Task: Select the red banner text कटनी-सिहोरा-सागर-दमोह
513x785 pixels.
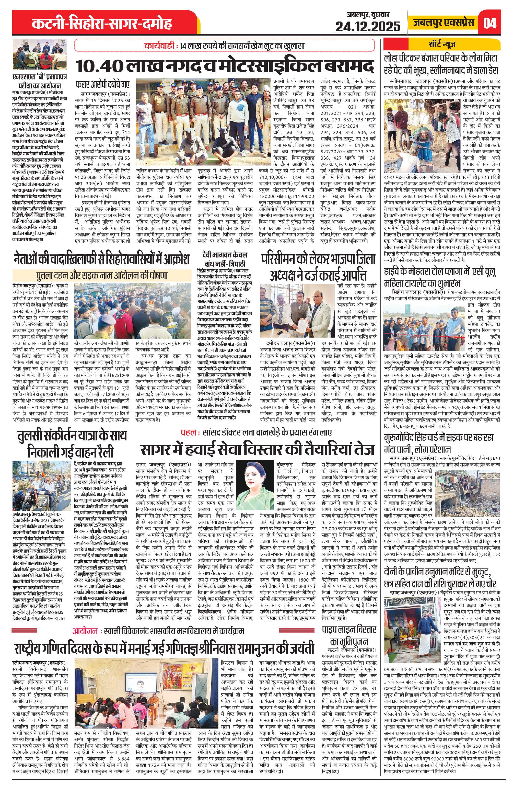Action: click(x=102, y=24)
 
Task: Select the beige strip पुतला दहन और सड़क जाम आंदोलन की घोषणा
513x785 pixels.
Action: click(x=102, y=275)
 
